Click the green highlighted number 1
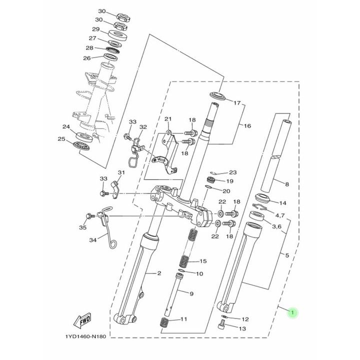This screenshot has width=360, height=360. [x=293, y=313]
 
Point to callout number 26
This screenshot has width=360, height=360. [x=87, y=58]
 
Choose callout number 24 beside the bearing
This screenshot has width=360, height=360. [x=65, y=127]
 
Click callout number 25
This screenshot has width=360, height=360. [x=61, y=139]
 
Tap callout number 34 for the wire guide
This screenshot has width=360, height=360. [x=92, y=240]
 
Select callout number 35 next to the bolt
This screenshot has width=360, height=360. [x=82, y=227]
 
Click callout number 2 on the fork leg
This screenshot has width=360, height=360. [x=159, y=273]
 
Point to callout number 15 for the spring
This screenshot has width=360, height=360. [x=202, y=261]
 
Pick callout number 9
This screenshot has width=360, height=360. [x=190, y=293]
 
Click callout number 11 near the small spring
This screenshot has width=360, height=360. [x=184, y=319]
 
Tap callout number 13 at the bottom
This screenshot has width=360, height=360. [x=243, y=328]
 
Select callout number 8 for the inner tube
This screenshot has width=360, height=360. [x=286, y=184]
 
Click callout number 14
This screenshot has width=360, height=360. [x=282, y=203]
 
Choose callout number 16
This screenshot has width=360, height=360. [x=246, y=126]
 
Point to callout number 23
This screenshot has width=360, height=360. [x=232, y=171]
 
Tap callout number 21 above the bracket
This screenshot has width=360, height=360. [x=168, y=119]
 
